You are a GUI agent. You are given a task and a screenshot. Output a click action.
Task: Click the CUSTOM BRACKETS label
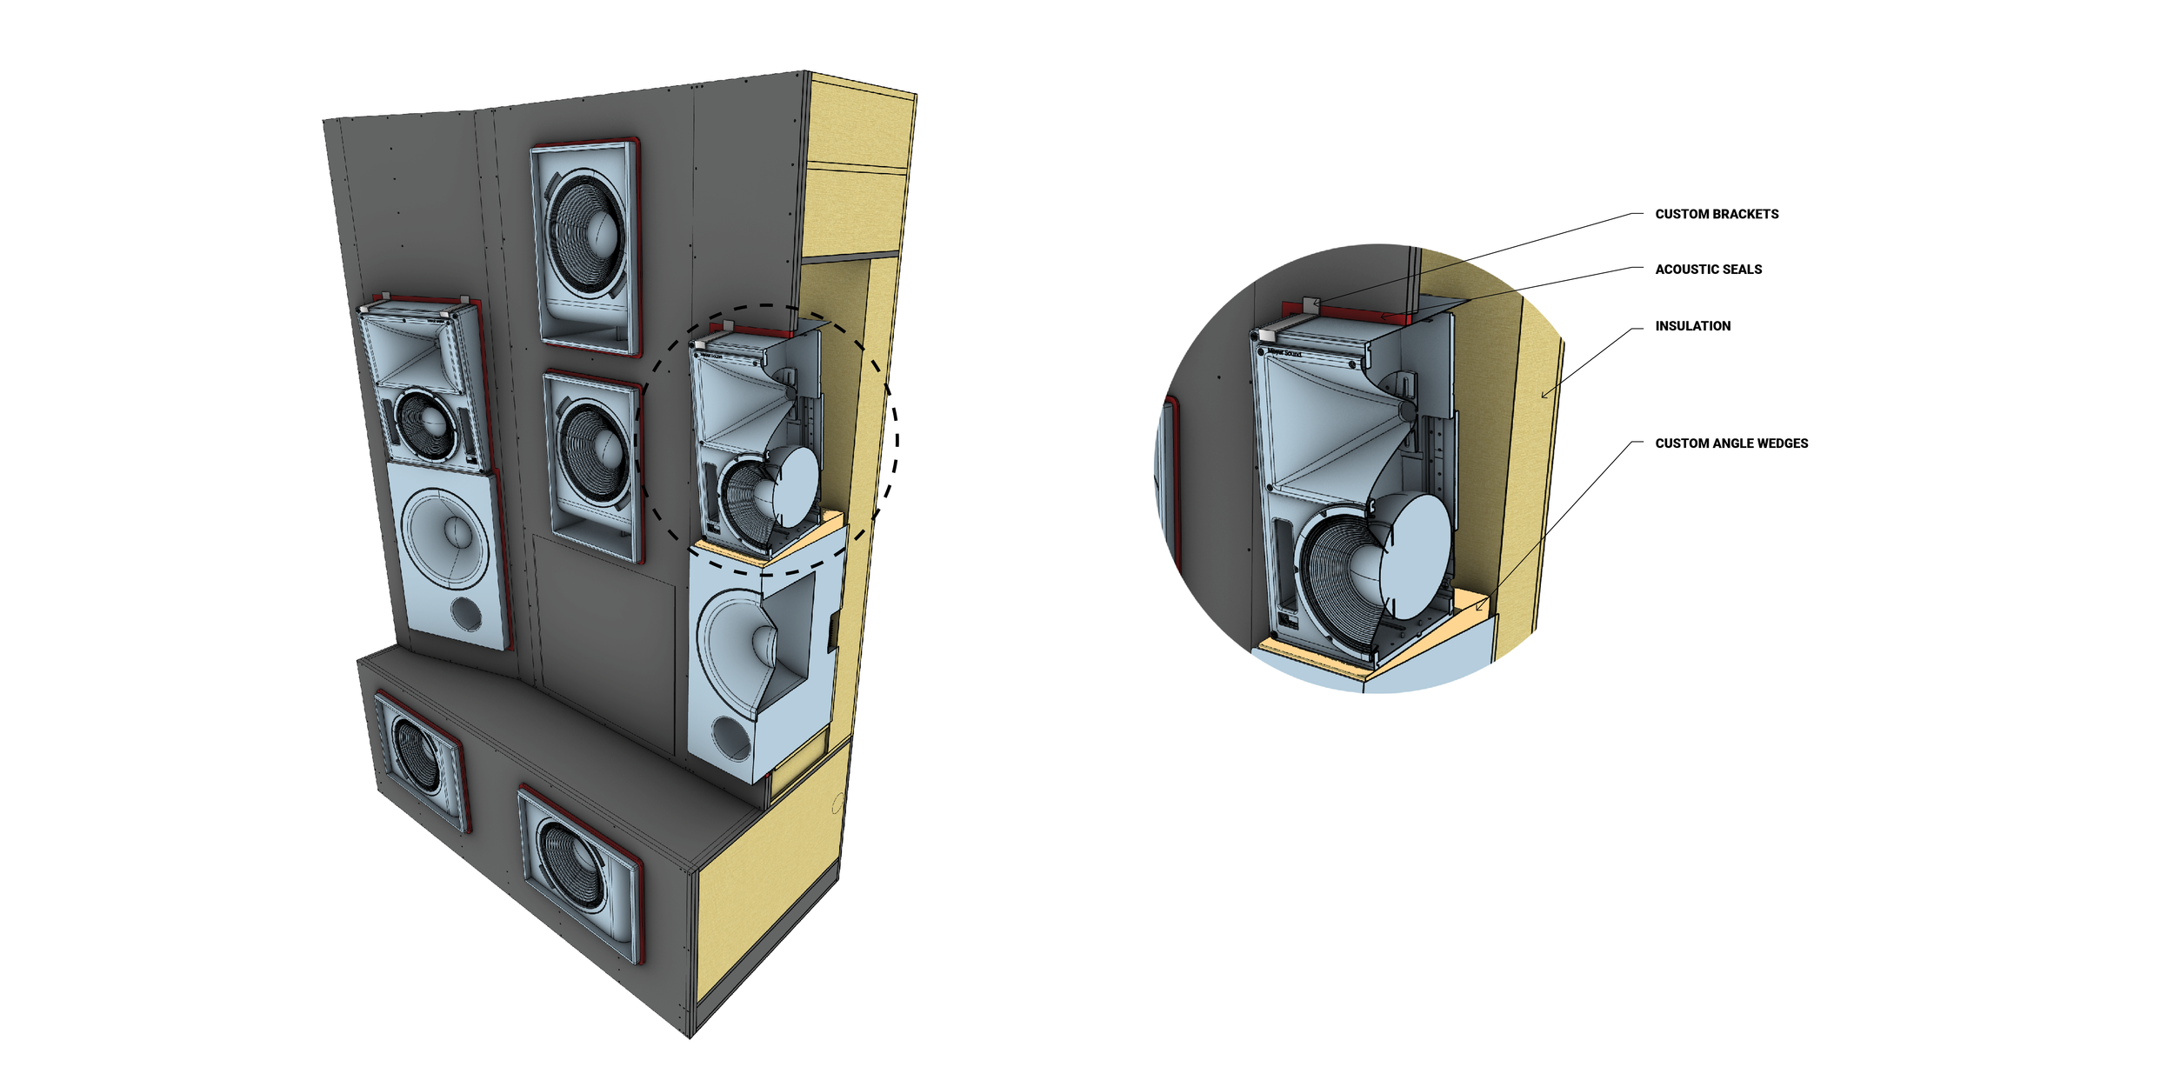[x=1717, y=214]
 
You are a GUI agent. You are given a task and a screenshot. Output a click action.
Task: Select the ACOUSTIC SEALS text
[x=1708, y=270]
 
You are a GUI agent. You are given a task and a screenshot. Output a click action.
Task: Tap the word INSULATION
[x=1692, y=326]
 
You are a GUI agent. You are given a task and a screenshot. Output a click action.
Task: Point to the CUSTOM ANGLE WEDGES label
[x=1731, y=443]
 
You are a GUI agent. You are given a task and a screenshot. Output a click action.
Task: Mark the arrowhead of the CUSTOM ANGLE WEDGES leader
[x=1478, y=606]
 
